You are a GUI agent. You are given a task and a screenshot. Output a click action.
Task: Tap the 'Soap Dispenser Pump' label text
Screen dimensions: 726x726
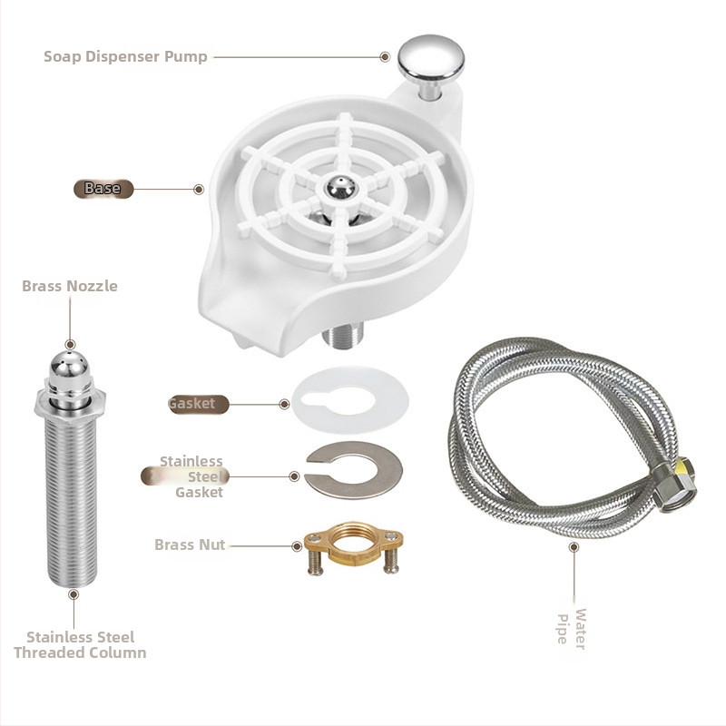point(125,56)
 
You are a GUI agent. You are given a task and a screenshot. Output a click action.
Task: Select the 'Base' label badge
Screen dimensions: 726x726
point(103,189)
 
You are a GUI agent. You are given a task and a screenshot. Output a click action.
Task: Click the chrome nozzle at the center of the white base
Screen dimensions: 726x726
point(341,188)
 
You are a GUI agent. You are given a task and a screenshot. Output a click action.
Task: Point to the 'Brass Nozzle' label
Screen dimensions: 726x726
point(70,286)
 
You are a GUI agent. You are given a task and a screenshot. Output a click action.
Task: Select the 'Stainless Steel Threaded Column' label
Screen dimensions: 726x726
point(80,644)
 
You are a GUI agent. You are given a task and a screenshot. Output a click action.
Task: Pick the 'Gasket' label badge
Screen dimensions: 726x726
point(198,404)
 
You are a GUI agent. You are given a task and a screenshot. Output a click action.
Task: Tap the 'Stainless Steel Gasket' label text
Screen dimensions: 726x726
point(191,476)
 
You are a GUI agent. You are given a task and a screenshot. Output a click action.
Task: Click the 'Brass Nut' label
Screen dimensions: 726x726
point(190,544)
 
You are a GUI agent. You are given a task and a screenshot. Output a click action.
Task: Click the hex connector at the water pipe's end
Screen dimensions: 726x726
point(674,486)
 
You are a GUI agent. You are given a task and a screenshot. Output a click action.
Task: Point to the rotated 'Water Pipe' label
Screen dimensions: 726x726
point(572,629)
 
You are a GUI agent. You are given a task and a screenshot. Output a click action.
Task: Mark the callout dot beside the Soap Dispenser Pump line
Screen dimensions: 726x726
point(385,57)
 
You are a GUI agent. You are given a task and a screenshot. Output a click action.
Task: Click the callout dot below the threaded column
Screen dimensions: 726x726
point(74,594)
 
